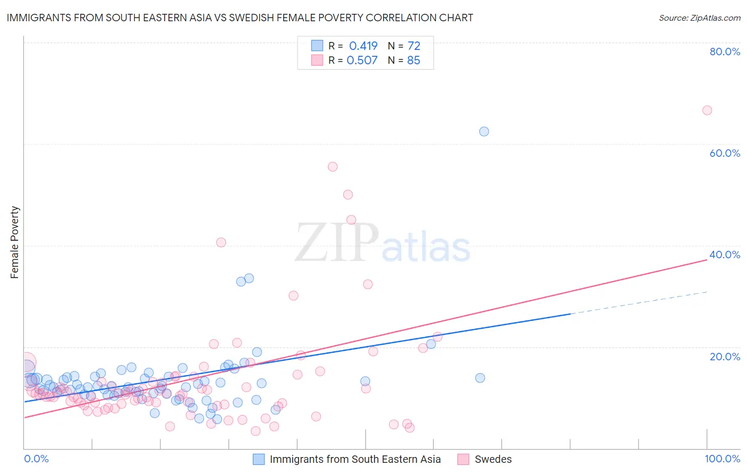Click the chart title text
click(240, 18)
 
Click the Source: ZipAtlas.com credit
click(699, 18)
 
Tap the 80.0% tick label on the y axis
click(725, 52)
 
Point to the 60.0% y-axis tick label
click(725, 153)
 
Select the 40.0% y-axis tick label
click(725, 255)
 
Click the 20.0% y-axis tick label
click(725, 356)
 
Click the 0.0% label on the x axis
click(36, 459)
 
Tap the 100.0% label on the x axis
click(722, 459)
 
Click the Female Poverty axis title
click(15, 242)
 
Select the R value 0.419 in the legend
click(363, 46)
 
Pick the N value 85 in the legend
click(413, 60)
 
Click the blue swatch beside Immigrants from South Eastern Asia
click(259, 459)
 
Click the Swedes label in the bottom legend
click(493, 459)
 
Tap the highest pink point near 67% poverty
click(707, 110)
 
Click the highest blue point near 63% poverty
click(484, 131)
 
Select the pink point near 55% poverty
click(333, 166)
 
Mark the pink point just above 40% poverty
click(221, 242)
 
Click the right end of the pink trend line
click(707, 260)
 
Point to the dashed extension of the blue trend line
click(638, 303)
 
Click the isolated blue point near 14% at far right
click(480, 378)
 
